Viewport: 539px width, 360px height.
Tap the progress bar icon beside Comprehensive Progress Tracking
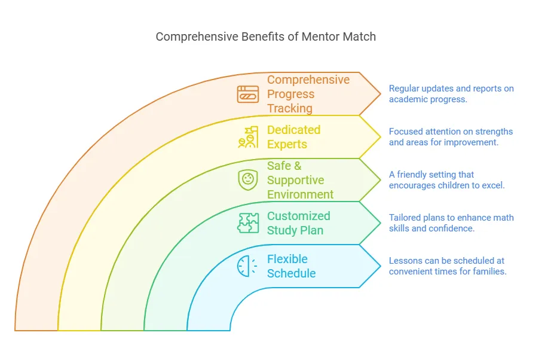pos(248,94)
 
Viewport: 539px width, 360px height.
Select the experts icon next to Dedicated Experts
pos(248,137)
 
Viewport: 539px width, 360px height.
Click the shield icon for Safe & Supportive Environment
pos(248,180)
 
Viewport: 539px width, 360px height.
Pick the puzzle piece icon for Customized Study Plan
pos(248,223)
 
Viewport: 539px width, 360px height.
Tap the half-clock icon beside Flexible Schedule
pos(247,266)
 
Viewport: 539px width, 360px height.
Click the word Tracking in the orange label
pos(290,108)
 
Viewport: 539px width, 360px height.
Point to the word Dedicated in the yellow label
pos(294,130)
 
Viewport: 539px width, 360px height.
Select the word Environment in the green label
pos(301,194)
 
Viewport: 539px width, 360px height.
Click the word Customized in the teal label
pos(299,216)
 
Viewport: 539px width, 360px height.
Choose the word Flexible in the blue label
pos(287,259)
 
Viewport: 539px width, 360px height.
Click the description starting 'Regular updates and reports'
pos(451,94)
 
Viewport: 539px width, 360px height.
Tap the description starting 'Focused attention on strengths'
pos(451,137)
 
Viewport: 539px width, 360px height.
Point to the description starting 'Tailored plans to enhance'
pos(451,223)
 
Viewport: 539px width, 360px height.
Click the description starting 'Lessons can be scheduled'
pos(448,266)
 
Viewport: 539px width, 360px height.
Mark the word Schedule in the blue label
pos(292,273)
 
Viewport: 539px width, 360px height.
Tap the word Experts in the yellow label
pos(287,144)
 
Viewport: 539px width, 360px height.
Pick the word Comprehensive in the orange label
pos(308,80)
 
